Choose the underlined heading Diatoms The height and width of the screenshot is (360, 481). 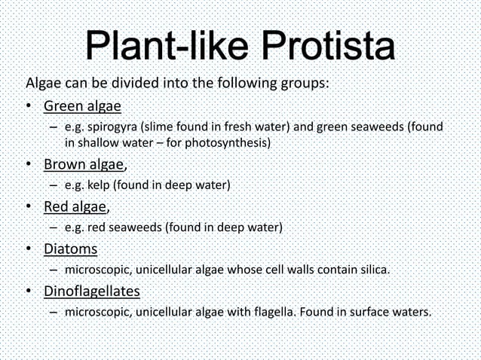click(70, 248)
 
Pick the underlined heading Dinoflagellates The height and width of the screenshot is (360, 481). click(91, 291)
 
